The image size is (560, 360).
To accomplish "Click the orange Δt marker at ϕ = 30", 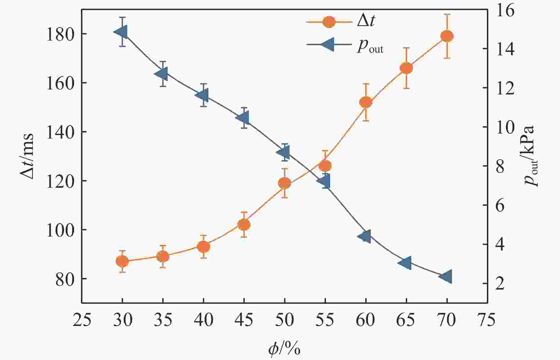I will [x=122, y=261].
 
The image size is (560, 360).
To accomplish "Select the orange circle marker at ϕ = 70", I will [x=447, y=36].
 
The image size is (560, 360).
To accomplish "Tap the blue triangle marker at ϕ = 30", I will [x=121, y=32].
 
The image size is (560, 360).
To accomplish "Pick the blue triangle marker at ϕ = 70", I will [x=446, y=277].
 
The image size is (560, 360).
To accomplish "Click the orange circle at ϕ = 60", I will [x=366, y=102].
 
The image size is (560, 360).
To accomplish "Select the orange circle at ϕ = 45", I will [x=244, y=225].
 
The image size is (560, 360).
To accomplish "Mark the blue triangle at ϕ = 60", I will [x=364, y=236].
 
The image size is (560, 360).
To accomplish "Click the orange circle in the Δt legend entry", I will [x=329, y=22].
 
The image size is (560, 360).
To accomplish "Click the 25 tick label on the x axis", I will [x=82, y=320].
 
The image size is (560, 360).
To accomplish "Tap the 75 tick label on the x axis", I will [x=487, y=320].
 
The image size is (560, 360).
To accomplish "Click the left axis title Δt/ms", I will [x=27, y=156].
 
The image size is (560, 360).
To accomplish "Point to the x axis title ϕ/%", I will [x=284, y=348].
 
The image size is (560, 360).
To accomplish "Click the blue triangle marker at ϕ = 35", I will [x=162, y=74].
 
